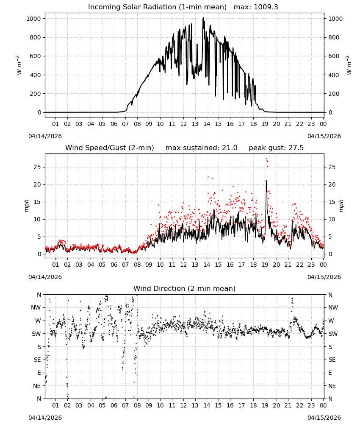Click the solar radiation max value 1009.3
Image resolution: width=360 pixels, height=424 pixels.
tap(266, 7)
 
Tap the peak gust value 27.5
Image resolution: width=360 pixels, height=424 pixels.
tap(296, 148)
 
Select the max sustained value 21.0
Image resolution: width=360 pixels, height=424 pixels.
tap(230, 148)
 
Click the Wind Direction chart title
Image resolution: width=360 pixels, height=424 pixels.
tap(185, 288)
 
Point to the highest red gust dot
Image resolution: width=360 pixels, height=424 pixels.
tap(266, 159)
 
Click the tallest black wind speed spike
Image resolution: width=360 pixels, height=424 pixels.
tap(266, 181)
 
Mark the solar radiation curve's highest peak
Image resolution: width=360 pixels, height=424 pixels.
tap(203, 18)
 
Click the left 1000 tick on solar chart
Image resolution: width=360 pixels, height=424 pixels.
tap(34, 19)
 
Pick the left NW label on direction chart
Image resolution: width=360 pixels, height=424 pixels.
tap(36, 308)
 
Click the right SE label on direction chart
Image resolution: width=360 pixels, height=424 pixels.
tap(332, 360)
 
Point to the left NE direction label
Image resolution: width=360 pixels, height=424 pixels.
tap(37, 386)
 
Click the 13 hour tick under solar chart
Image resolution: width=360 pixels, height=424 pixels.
tap(195, 124)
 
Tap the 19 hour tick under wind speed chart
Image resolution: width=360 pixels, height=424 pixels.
tap(265, 265)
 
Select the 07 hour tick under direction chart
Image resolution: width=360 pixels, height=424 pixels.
tap(125, 405)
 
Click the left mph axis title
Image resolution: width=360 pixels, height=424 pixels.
tap(26, 206)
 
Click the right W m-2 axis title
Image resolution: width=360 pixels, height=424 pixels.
tap(349, 65)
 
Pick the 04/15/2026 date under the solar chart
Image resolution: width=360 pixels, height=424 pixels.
tap(324, 136)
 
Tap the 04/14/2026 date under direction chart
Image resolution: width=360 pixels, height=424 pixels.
tap(45, 418)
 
